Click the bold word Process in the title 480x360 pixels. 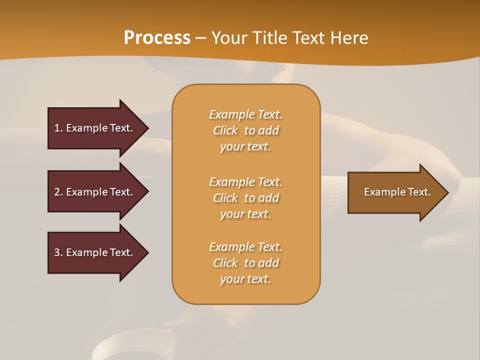157,38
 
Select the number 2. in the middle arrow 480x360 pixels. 58,192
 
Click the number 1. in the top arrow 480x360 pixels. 58,128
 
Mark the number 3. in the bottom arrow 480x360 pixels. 58,252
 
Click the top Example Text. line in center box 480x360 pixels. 245,114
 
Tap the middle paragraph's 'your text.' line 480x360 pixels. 245,214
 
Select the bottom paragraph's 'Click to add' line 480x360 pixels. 245,263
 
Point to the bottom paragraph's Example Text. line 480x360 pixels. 245,247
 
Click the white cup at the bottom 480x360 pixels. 132,345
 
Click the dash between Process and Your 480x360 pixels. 201,38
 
